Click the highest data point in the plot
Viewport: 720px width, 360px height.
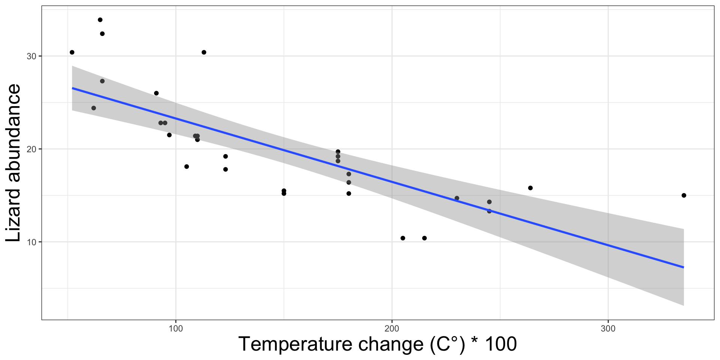tap(100, 20)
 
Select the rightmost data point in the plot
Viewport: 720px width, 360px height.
tap(684, 195)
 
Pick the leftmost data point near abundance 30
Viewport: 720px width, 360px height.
tap(72, 52)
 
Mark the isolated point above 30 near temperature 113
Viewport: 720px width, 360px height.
tap(204, 52)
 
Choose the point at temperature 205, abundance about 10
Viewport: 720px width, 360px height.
tap(403, 238)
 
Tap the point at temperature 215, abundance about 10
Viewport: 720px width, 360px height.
tap(424, 238)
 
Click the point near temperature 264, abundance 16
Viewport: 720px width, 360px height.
tap(530, 188)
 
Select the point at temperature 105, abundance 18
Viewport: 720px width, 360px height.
tap(187, 166)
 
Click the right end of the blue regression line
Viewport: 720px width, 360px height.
tap(683, 267)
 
